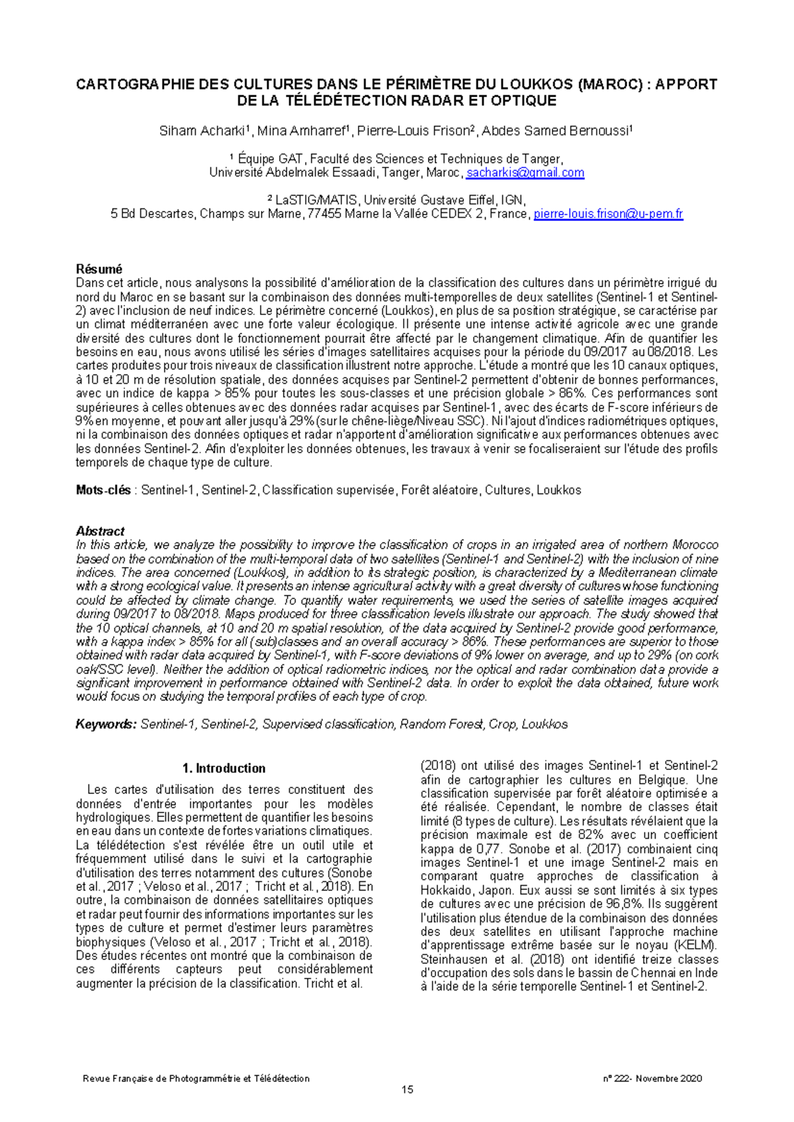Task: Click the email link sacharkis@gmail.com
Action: pyautogui.click(x=525, y=173)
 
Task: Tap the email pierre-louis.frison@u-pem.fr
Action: pyautogui.click(x=608, y=214)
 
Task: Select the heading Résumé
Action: pyautogui.click(x=99, y=269)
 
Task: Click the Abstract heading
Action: pyautogui.click(x=100, y=531)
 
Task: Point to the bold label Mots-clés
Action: pyautogui.click(x=103, y=490)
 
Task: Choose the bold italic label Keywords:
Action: pyautogui.click(x=106, y=724)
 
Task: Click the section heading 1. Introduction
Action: pyautogui.click(x=224, y=768)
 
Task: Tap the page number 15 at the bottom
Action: pyautogui.click(x=408, y=1090)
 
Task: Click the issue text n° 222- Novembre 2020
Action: pyautogui.click(x=652, y=1078)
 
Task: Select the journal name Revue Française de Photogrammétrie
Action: pyautogui.click(x=196, y=1078)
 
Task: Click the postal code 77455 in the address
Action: pyautogui.click(x=325, y=214)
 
